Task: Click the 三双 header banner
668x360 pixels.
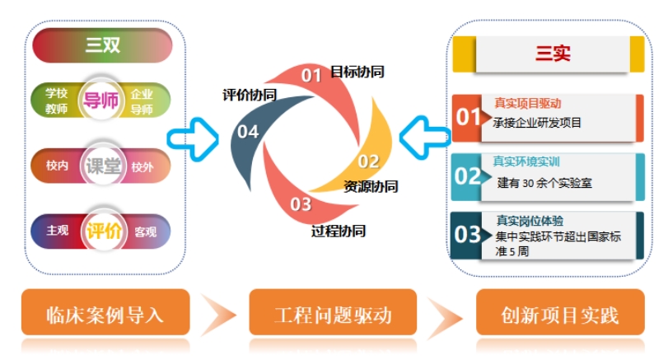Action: [x=102, y=45]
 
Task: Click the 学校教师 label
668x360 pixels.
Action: [x=57, y=101]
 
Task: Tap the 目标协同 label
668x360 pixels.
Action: [x=357, y=72]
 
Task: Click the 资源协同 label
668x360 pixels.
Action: [x=371, y=186]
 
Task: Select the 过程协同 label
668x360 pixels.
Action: [x=339, y=230]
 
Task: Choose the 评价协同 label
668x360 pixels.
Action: [x=249, y=95]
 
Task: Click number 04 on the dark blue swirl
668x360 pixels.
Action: [x=248, y=132]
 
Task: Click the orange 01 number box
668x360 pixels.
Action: [x=468, y=117]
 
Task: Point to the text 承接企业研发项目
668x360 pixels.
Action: [x=538, y=124]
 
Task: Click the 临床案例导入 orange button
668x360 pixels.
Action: [x=105, y=315]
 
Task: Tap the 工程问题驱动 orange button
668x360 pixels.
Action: [x=333, y=315]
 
